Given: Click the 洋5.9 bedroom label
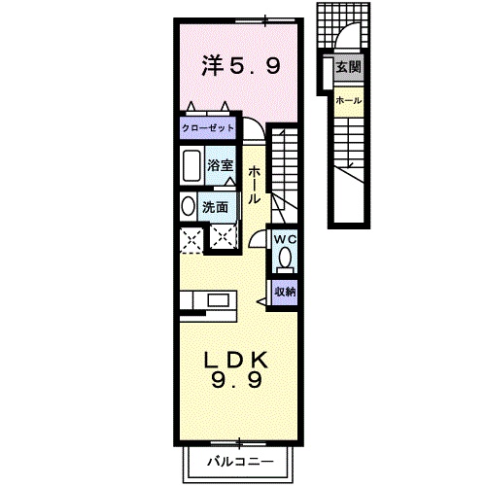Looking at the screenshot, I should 240,66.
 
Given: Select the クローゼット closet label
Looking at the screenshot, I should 209,128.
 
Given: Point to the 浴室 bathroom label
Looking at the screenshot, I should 218,165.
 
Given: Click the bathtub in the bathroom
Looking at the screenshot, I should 191,167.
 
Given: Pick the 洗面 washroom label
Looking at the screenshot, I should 215,207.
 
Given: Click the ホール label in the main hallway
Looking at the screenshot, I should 253,184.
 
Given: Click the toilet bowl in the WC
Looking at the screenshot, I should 285,259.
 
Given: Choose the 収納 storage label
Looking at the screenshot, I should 284,292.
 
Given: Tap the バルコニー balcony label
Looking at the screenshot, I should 238,462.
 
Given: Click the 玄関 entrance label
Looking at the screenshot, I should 347,68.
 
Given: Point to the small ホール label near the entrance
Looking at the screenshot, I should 347,101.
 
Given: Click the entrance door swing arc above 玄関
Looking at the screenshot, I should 347,39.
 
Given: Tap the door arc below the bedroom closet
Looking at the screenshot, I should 253,130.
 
